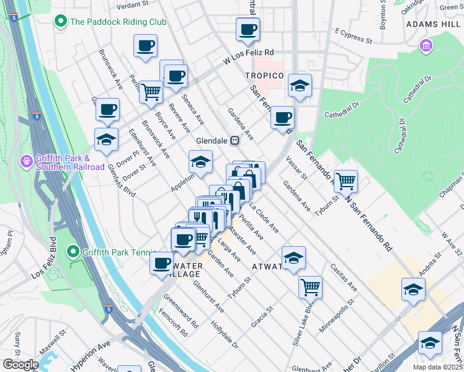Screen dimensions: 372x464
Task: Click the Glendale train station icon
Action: tap(235, 140)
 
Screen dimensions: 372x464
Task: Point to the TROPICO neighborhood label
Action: tap(264, 76)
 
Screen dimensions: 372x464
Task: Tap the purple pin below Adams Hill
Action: tap(426, 45)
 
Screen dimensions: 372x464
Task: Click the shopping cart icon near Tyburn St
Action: tap(346, 181)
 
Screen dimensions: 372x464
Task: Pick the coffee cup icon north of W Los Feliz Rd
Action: tap(248, 29)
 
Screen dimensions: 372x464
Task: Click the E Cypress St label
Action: tap(352, 36)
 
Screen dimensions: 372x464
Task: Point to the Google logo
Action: tap(20, 365)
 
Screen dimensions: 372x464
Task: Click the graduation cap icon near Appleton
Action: tap(200, 162)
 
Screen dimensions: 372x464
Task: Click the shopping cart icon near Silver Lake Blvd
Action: tap(310, 286)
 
